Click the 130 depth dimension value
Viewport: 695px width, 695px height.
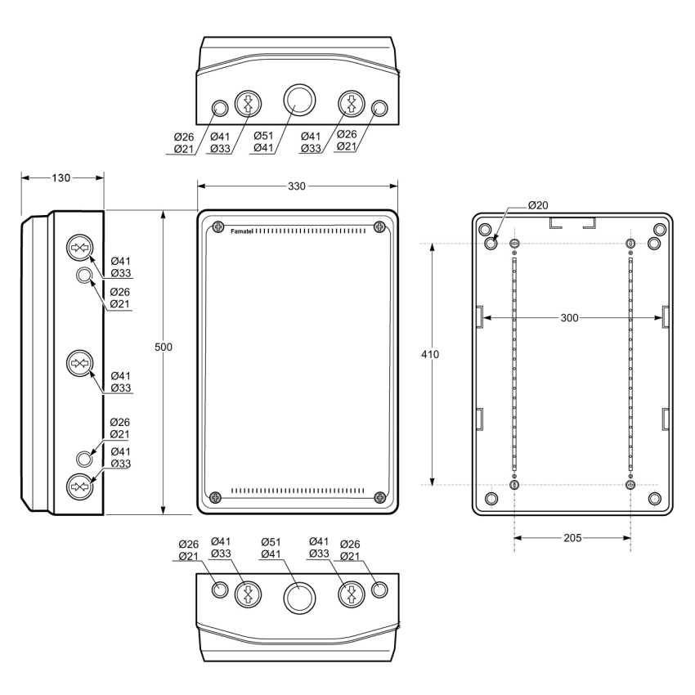click(x=61, y=177)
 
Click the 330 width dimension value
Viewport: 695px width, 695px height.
click(x=297, y=186)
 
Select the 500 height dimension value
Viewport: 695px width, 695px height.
click(x=164, y=347)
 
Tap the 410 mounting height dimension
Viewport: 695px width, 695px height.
click(x=430, y=354)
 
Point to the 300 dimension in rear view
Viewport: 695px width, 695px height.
click(x=570, y=318)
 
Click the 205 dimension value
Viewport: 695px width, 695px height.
click(x=572, y=538)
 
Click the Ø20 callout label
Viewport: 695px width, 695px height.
click(x=538, y=205)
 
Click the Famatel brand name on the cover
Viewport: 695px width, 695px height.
click(x=241, y=231)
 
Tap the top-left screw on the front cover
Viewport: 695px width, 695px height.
click(x=218, y=227)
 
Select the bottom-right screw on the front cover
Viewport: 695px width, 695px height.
click(x=380, y=497)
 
